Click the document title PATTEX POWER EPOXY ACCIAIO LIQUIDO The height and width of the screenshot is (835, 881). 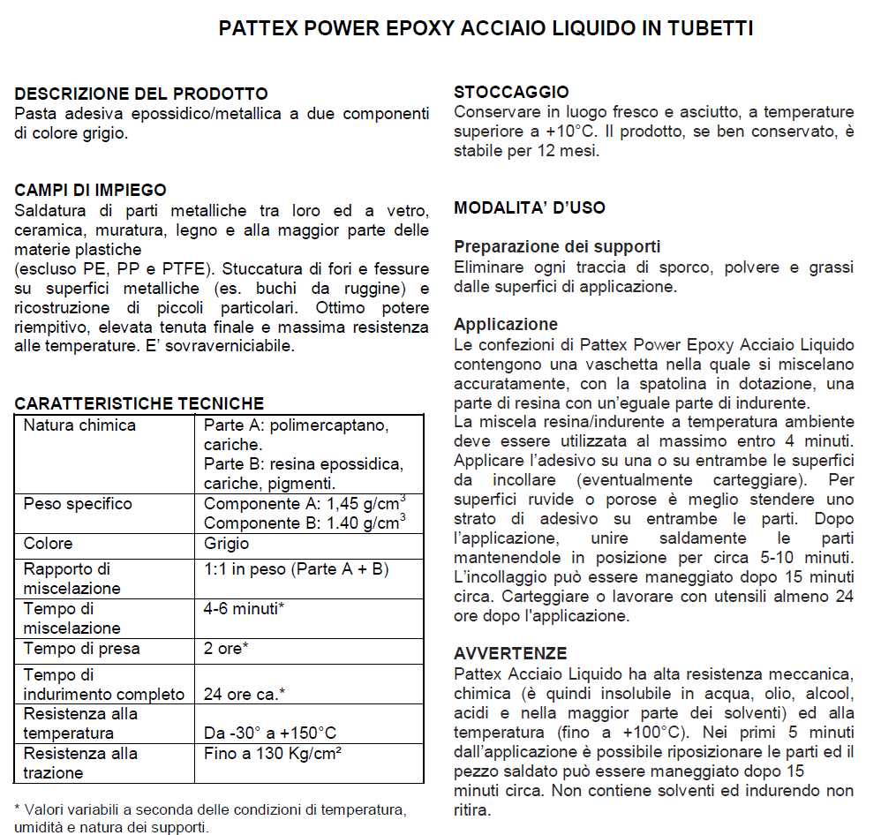[486, 29]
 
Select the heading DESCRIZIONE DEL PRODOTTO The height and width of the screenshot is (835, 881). [141, 94]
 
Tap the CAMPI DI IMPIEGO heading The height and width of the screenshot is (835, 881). [91, 191]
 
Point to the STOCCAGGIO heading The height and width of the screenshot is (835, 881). [511, 92]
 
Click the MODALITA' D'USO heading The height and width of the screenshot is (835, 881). [530, 208]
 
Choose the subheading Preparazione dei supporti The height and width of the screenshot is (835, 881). [557, 247]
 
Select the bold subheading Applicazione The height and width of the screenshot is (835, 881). [506, 324]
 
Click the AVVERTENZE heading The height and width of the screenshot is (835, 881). [510, 654]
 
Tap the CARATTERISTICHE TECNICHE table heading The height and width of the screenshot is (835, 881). [139, 403]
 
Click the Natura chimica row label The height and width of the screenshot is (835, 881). [80, 425]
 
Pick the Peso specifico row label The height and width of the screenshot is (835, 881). [78, 504]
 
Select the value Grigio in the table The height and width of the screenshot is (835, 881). [227, 544]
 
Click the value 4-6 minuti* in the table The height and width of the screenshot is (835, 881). [244, 609]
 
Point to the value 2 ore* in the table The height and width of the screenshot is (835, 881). [226, 649]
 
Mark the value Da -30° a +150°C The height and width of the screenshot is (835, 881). [270, 733]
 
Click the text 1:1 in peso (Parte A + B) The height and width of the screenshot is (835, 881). [297, 569]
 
